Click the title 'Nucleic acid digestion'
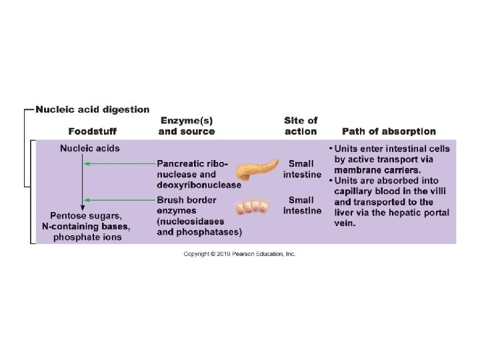(x=92, y=110)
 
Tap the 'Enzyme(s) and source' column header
(x=186, y=126)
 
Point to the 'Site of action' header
(x=301, y=126)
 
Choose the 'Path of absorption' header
(x=389, y=131)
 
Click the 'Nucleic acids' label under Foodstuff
(x=89, y=148)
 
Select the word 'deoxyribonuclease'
(x=199, y=185)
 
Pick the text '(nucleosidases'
(x=193, y=221)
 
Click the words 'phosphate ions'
(x=87, y=237)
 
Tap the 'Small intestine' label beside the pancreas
(x=302, y=169)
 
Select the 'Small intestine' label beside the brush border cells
(x=302, y=205)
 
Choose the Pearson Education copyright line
(x=239, y=254)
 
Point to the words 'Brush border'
(x=187, y=199)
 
